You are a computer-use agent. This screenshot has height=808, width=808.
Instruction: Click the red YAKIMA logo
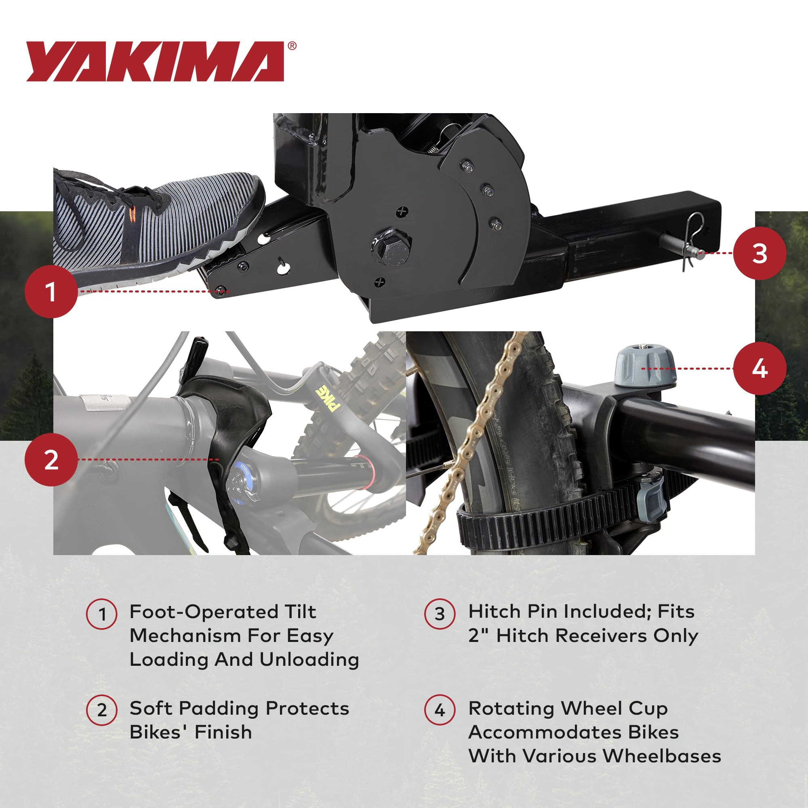click(x=155, y=61)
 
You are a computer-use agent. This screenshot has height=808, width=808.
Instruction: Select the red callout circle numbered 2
click(x=51, y=460)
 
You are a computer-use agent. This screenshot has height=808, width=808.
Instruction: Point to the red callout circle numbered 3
click(x=760, y=253)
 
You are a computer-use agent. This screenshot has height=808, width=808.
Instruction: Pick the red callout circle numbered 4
click(x=760, y=368)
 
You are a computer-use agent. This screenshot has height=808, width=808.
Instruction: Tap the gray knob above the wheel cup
click(x=644, y=365)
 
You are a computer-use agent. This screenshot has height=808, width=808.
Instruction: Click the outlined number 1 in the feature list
click(x=102, y=614)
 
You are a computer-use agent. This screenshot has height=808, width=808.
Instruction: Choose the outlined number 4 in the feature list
click(x=440, y=710)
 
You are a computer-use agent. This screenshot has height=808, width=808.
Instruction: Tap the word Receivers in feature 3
click(x=601, y=635)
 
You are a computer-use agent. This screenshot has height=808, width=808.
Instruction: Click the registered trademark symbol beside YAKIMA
click(x=292, y=46)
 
